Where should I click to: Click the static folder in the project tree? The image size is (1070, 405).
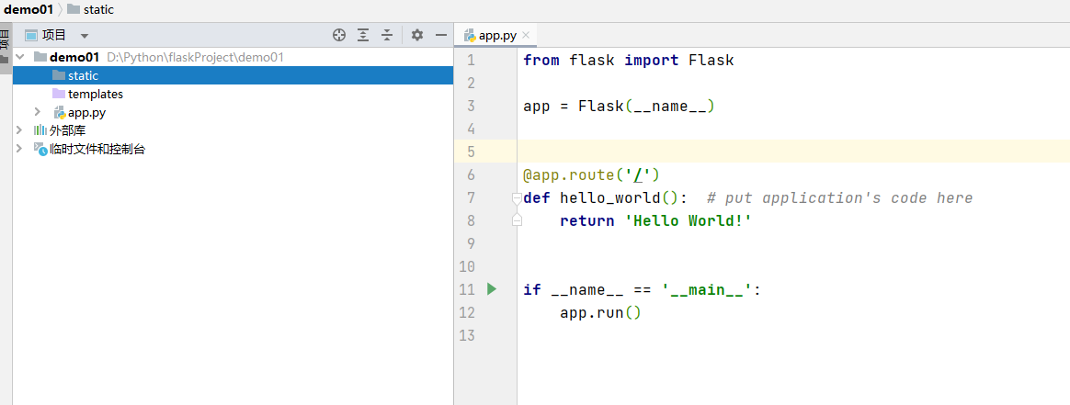[x=82, y=75]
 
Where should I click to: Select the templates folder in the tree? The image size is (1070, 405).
[x=95, y=94]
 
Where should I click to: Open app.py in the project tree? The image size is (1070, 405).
[x=85, y=112]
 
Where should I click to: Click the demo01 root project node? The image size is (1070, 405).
[x=74, y=57]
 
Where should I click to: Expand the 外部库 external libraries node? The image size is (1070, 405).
[x=19, y=130]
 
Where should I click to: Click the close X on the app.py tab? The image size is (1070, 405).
[x=526, y=36]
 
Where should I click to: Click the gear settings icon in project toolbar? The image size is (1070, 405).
[x=417, y=35]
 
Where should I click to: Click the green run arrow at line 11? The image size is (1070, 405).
[x=491, y=289]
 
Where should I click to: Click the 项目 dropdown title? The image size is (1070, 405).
[x=55, y=35]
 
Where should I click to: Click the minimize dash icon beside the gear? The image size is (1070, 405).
[x=441, y=35]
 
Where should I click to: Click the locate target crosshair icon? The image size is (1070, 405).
[x=339, y=35]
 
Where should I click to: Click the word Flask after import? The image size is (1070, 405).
[x=711, y=60]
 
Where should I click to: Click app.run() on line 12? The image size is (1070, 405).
[x=599, y=312]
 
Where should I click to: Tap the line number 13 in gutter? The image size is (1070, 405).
[x=471, y=335]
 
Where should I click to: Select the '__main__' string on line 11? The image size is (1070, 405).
[x=707, y=289]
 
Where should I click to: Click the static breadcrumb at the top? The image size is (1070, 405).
[x=97, y=9]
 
